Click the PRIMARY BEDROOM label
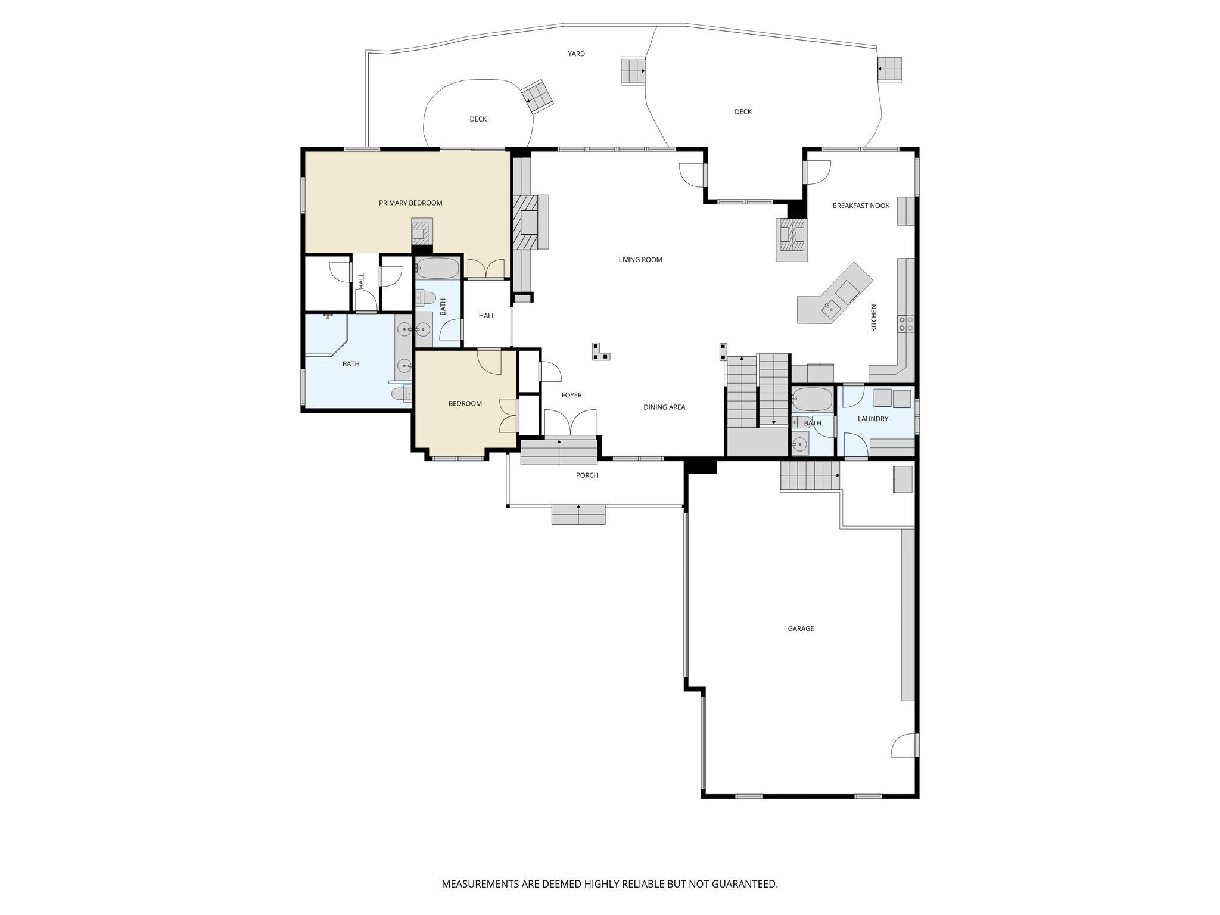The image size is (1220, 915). coord(410,203)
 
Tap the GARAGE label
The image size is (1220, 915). coord(801,628)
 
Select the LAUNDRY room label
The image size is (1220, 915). coord(873,419)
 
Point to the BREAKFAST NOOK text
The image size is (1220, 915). coord(861,206)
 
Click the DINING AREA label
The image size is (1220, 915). coord(664,407)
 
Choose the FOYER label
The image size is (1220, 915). coord(571,395)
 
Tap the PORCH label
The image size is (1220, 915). coord(587,475)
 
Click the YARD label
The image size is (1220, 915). coord(576,54)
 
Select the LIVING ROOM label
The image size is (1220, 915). coord(640,260)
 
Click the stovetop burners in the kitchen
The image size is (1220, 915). coord(906,324)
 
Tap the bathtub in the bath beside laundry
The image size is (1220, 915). coord(812,399)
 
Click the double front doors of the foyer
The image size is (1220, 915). coord(570,424)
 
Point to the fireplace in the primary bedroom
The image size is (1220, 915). coord(421,232)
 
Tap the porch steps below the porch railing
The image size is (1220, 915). coord(578,514)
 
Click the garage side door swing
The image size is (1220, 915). coord(904,745)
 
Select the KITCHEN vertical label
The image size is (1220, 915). coord(874,318)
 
